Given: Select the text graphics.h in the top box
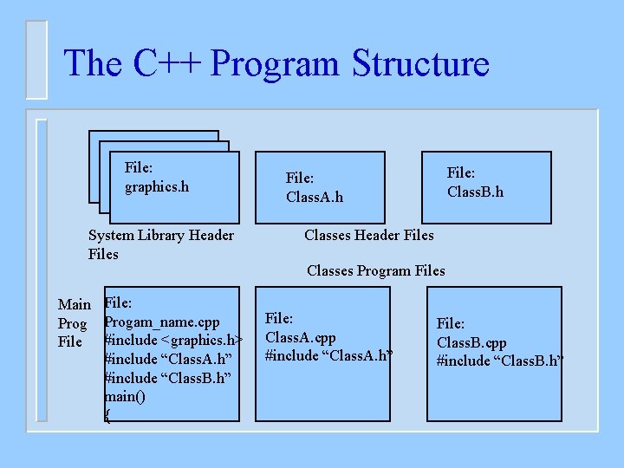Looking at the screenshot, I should (x=157, y=186).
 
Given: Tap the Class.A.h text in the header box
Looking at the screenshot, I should (x=315, y=197).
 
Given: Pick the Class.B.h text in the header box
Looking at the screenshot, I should (x=475, y=192).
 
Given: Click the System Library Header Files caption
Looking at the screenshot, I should (x=160, y=244).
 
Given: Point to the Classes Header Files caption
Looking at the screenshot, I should (x=368, y=235).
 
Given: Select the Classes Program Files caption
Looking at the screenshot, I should (x=375, y=270).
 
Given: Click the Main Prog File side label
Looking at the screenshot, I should (x=74, y=322).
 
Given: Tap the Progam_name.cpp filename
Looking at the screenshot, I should (x=162, y=322).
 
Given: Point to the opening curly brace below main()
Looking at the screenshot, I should (x=107, y=414).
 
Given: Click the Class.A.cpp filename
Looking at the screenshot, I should (x=300, y=337).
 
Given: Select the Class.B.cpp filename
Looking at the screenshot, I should (x=471, y=342).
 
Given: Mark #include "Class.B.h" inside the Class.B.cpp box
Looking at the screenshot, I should (x=500, y=361).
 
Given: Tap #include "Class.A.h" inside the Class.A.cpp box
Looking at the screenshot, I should (x=328, y=355).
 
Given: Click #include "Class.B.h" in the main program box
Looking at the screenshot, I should (x=167, y=377).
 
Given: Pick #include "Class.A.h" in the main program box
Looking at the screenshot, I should (x=167, y=359).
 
